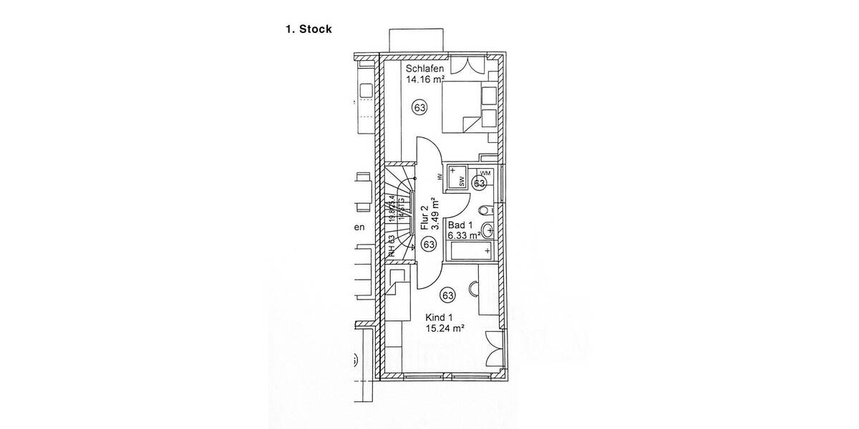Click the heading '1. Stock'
[x=308, y=30]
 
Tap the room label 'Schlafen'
[x=425, y=69]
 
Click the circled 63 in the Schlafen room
[x=419, y=108]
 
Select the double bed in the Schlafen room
[x=469, y=107]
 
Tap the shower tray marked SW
[x=457, y=177]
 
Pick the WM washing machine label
[x=486, y=173]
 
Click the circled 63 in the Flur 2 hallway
[x=429, y=245]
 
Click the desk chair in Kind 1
[x=475, y=289]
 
